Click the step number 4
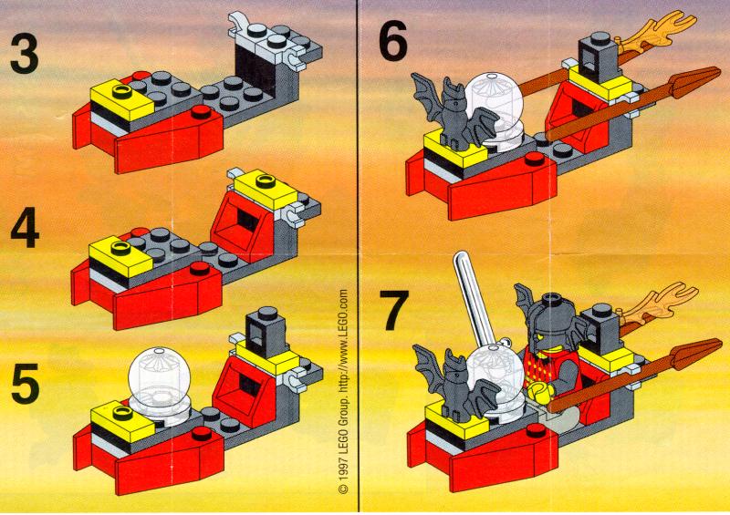[x=25, y=227]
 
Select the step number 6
[x=393, y=40]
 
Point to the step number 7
[x=394, y=310]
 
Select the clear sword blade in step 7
[x=474, y=298]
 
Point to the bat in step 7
[x=453, y=384]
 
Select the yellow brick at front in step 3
[x=122, y=99]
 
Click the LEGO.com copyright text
[x=344, y=391]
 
